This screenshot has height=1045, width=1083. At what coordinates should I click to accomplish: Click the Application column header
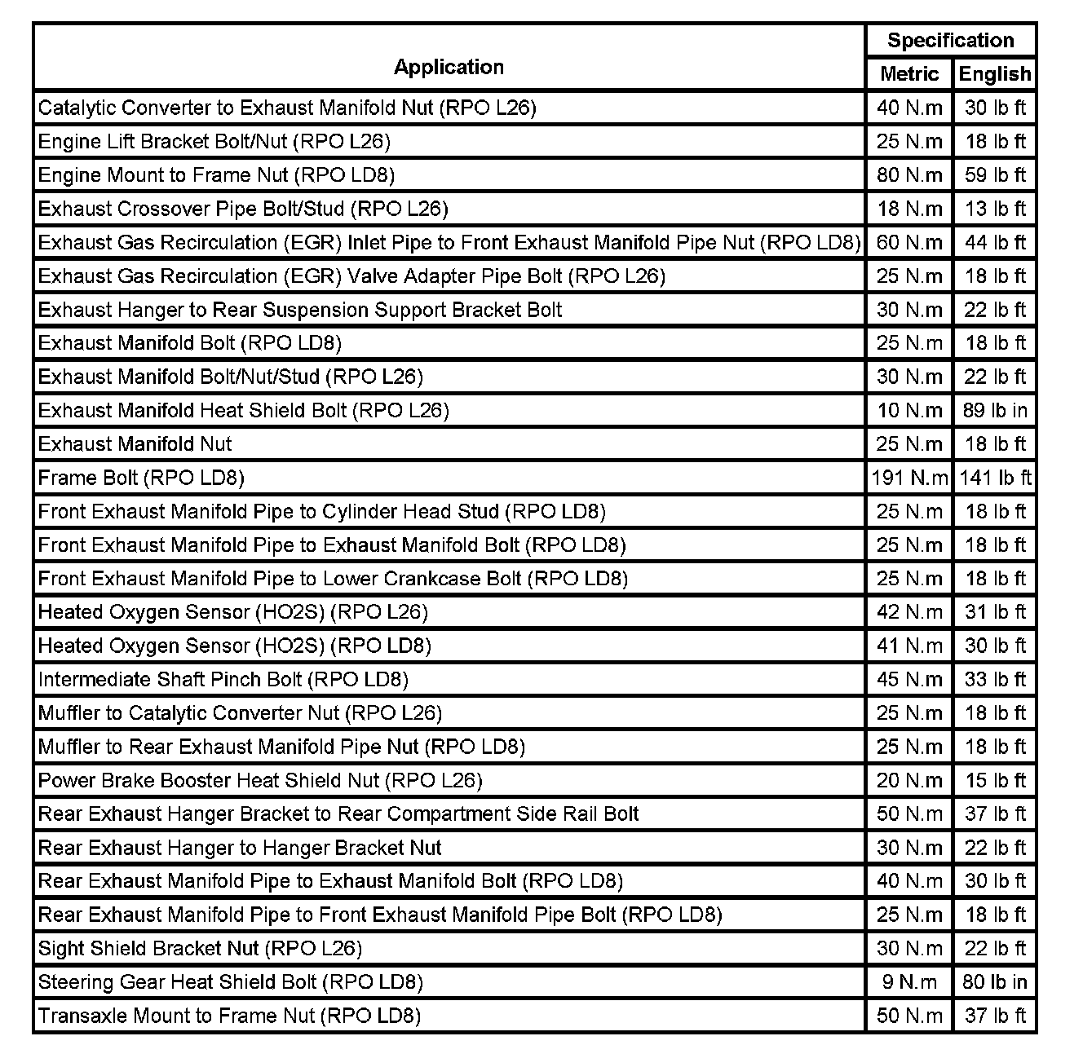click(x=449, y=67)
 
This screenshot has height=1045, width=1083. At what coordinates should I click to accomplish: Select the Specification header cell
click(x=950, y=40)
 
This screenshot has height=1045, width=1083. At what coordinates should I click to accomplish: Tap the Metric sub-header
click(x=909, y=74)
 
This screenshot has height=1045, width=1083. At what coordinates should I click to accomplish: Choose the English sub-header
click(x=995, y=74)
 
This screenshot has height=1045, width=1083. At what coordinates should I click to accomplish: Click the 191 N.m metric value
click(x=909, y=478)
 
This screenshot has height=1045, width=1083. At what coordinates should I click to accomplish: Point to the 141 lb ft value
click(x=995, y=478)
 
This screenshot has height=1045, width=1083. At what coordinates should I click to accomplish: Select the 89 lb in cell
click(x=995, y=410)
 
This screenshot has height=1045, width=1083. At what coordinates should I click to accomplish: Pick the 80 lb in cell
click(x=995, y=981)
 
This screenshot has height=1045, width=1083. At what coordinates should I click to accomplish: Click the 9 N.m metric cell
click(x=909, y=981)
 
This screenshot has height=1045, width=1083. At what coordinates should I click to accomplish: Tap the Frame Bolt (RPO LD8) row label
click(x=141, y=478)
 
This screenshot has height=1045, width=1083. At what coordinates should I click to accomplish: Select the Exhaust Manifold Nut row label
click(x=135, y=444)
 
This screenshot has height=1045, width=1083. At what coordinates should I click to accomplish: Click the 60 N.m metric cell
click(x=909, y=242)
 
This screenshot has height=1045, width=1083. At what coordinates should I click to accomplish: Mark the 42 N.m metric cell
click(x=909, y=612)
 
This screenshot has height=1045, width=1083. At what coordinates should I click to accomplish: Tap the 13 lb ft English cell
click(x=995, y=209)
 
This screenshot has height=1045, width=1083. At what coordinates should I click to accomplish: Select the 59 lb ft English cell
click(x=995, y=175)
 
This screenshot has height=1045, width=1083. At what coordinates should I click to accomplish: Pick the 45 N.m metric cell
click(x=909, y=679)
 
